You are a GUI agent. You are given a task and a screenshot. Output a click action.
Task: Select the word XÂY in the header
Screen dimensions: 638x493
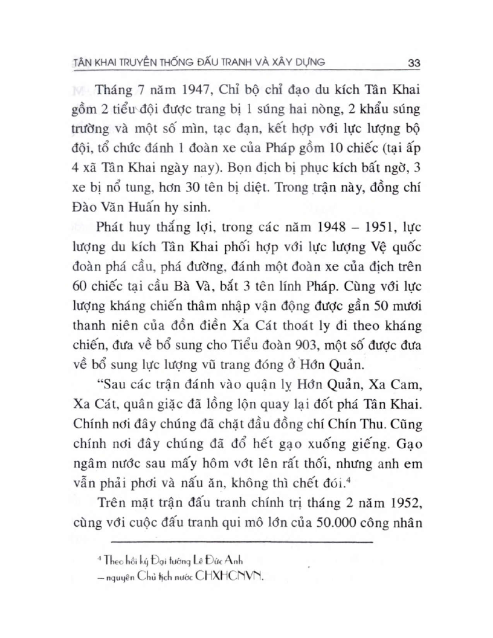275,62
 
